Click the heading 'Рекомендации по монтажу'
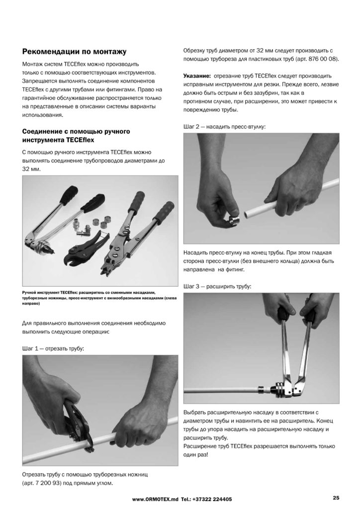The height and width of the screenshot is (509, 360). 75,52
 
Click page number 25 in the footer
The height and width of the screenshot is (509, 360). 336,498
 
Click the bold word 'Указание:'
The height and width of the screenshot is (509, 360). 198,76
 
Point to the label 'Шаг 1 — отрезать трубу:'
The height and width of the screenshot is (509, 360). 53,348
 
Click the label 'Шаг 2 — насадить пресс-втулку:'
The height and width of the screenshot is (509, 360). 225,127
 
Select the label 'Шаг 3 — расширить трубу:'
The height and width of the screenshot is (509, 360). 217,286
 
